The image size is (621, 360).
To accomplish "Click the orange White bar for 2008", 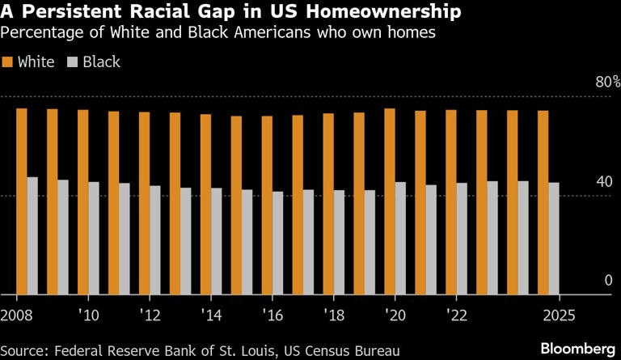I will coord(22,201).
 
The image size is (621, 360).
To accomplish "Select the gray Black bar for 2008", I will coord(32,235).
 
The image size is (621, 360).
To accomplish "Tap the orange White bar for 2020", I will coord(390,201).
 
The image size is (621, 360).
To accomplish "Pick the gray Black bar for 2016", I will coord(278,243).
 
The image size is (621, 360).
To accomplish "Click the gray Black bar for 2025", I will coord(554,239).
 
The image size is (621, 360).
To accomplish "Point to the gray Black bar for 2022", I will coord(462,239).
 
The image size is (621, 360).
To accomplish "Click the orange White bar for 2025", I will coord(543,202).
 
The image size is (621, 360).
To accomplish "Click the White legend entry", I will coord(28,61).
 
